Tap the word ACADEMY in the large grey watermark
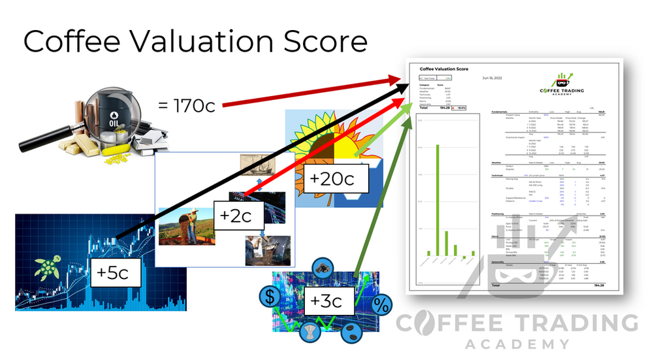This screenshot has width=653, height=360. (x=517, y=345)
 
